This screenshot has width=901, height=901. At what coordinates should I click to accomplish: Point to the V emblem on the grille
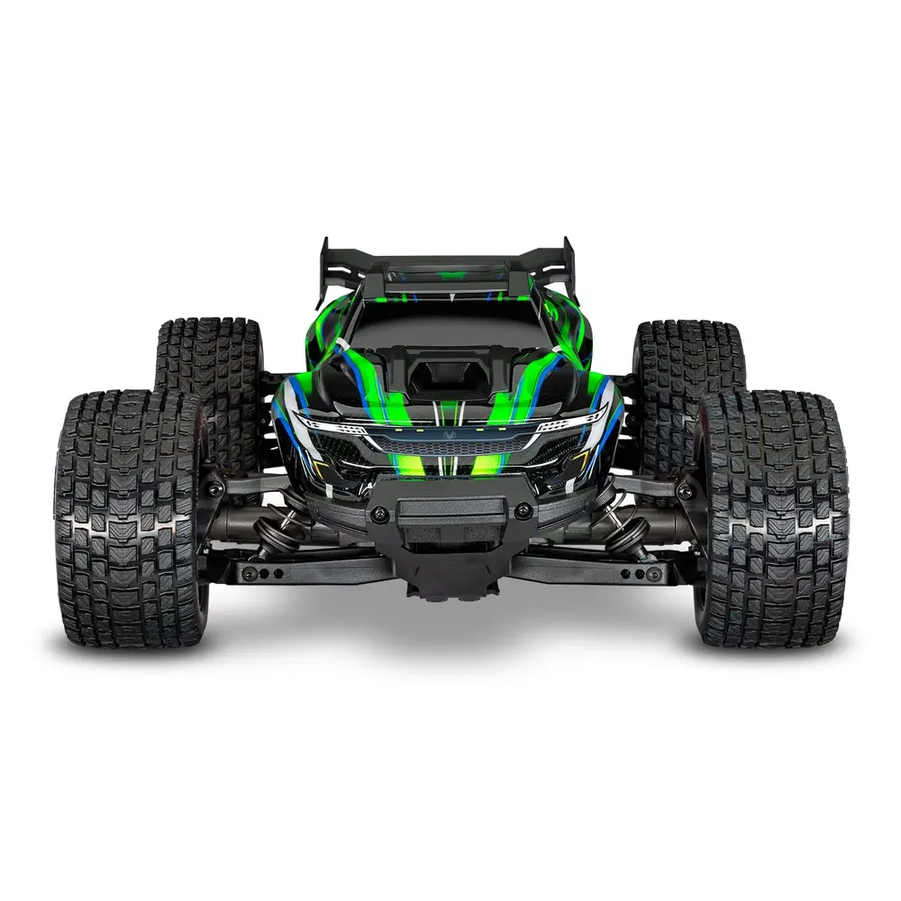pyautogui.click(x=450, y=432)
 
